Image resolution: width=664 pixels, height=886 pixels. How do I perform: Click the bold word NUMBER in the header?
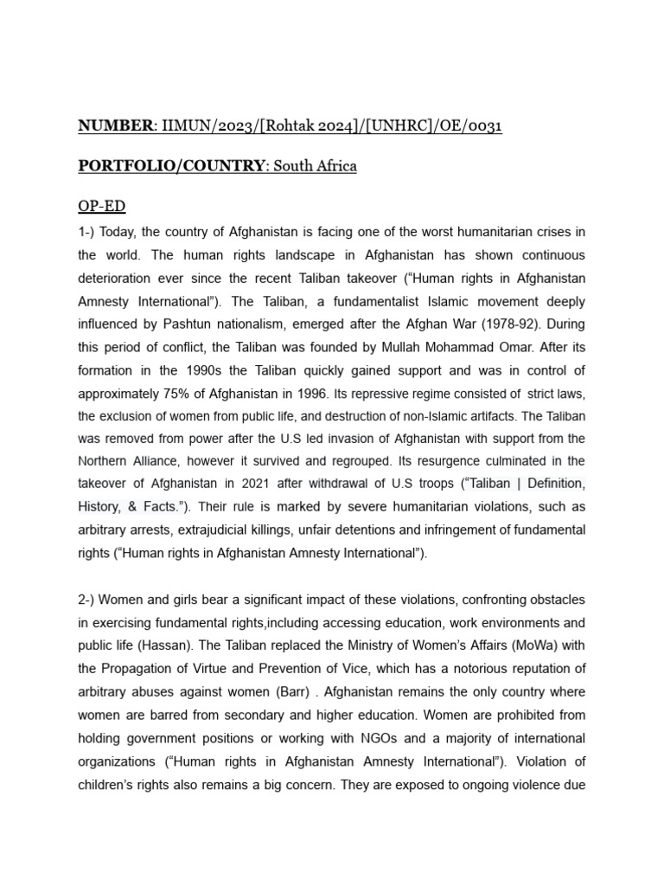click(x=115, y=127)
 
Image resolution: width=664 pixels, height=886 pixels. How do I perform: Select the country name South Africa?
click(x=315, y=166)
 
